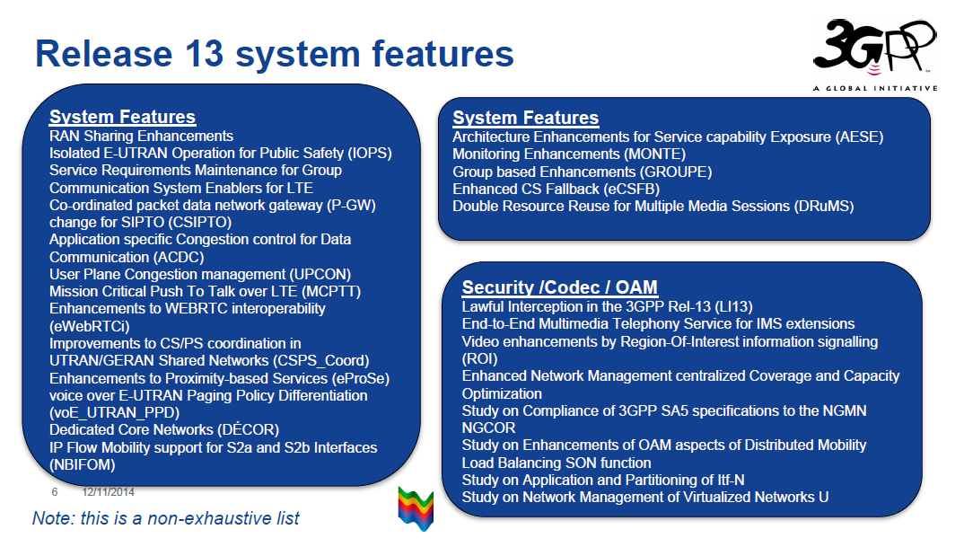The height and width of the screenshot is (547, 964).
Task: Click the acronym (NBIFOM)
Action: click(83, 465)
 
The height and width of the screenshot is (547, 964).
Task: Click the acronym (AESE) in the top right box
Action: click(858, 137)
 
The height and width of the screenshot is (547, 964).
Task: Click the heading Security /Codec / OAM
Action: click(559, 287)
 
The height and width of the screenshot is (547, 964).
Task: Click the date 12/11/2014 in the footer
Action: click(108, 492)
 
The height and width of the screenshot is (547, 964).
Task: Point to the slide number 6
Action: click(55, 492)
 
